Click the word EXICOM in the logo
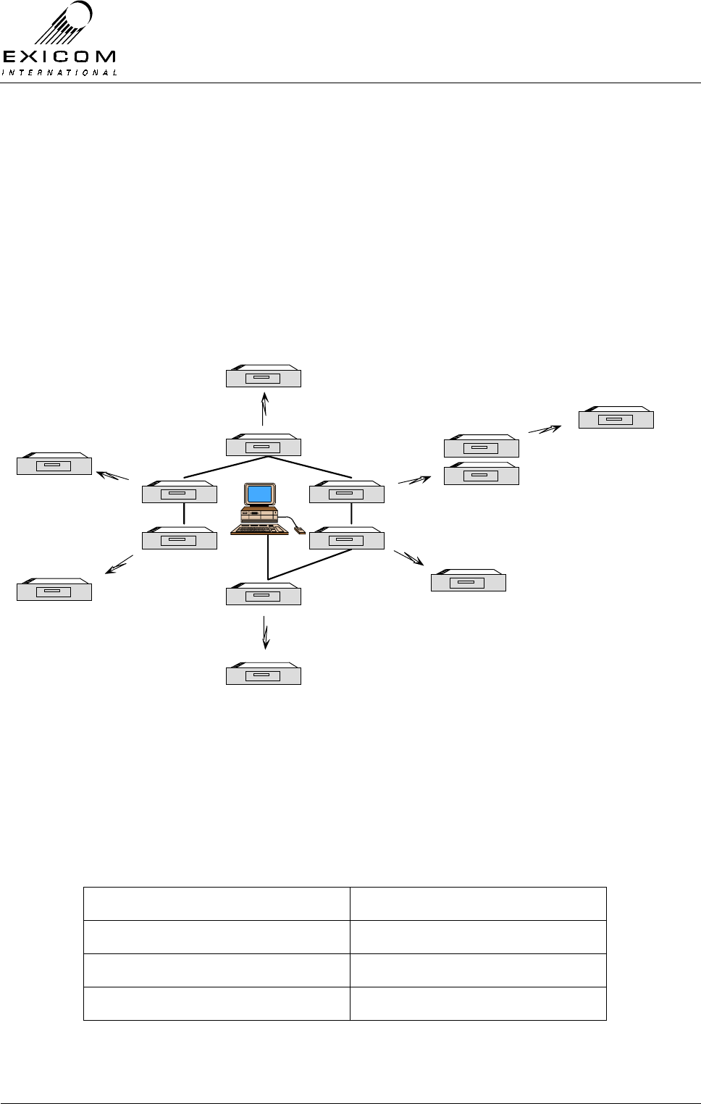[x=59, y=57]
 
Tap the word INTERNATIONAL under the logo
[x=59, y=72]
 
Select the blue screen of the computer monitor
[x=260, y=494]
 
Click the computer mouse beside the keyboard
[x=300, y=531]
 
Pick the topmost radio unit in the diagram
[x=263, y=377]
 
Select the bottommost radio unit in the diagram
[x=263, y=675]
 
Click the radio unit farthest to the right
[x=616, y=418]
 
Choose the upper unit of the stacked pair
[x=481, y=447]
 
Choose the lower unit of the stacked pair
[x=481, y=474]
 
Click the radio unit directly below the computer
[x=263, y=595]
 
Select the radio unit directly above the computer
[x=263, y=447]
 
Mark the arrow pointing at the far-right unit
[x=545, y=429]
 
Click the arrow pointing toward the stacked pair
[x=414, y=479]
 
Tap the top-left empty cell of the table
[x=217, y=903]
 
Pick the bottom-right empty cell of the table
[x=478, y=1003]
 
